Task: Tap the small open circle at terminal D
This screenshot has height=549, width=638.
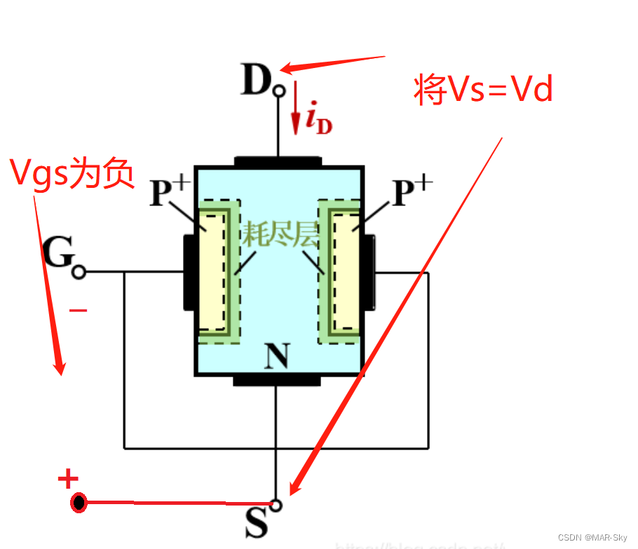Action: coord(279,90)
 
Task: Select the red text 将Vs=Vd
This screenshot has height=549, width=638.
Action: coord(484,90)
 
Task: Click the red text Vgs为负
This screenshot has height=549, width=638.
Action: coord(72,172)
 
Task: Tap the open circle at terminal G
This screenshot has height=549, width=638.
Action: coord(79,272)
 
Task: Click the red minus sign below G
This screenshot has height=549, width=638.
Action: coord(79,309)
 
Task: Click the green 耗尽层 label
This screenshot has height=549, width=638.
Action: coord(280,236)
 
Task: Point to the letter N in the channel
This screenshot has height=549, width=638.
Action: coord(278,358)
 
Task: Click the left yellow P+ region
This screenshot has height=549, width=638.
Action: coord(212,271)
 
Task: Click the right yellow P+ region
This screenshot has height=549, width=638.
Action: coord(346,271)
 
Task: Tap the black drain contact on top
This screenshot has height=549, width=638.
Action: coord(278,161)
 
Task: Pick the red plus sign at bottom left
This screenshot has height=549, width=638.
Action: coord(68,480)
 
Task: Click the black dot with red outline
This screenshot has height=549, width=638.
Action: coord(79,503)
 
